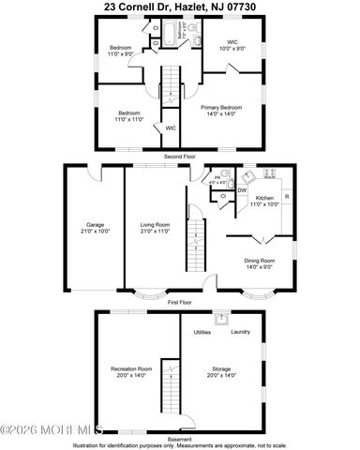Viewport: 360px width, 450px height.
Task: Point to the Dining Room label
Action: click(x=260, y=262)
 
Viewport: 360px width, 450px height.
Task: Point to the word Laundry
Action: click(x=240, y=331)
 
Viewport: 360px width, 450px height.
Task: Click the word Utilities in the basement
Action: click(x=202, y=331)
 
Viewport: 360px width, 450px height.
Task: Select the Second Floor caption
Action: click(x=179, y=156)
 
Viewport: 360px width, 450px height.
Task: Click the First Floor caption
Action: click(x=179, y=303)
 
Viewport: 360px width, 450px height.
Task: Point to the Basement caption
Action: click(x=179, y=438)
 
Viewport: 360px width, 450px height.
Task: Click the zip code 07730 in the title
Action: click(x=253, y=7)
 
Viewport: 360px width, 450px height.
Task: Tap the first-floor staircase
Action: click(x=197, y=244)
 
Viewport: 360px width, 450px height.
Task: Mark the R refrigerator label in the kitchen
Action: click(x=286, y=196)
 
